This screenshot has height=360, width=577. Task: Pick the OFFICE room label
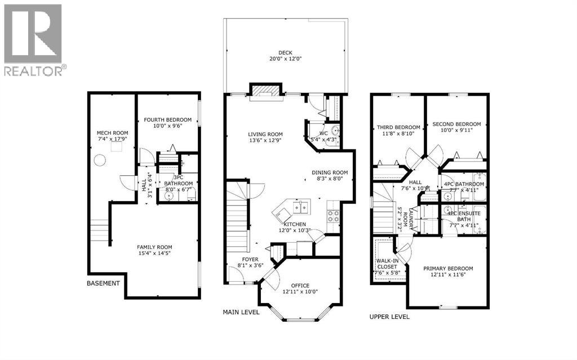coord(300,285)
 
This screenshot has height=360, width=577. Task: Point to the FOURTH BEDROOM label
coord(167,119)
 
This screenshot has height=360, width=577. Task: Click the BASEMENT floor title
coord(103,283)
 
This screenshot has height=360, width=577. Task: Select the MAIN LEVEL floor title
coord(241,311)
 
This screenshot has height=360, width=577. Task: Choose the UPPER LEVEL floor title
coord(389,317)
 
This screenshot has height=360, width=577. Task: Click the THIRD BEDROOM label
coord(398,127)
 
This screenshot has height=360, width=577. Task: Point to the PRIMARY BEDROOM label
coord(448,268)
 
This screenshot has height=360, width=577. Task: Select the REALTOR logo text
coord(34,70)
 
